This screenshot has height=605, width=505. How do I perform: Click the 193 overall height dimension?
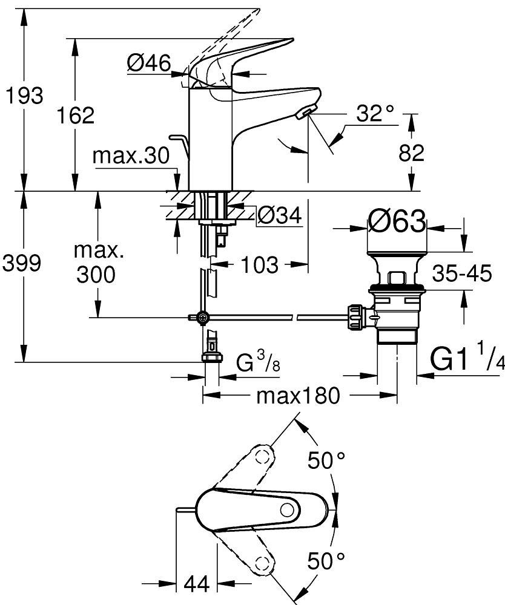(x=23, y=96)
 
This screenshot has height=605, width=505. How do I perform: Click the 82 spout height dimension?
(x=412, y=153)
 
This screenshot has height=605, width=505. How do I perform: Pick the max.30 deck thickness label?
(x=131, y=156)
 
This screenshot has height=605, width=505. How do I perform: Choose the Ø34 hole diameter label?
(x=279, y=214)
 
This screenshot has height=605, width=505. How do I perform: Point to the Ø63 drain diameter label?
(x=397, y=222)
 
